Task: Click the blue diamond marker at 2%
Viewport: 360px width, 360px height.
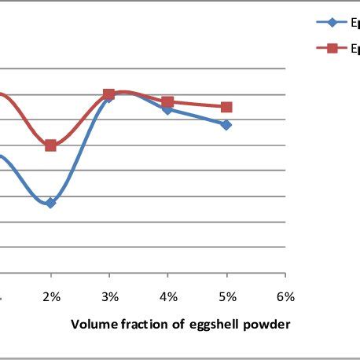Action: click(x=50, y=203)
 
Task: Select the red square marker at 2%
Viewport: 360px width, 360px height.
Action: click(x=50, y=145)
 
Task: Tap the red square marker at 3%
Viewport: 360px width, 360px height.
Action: click(x=109, y=94)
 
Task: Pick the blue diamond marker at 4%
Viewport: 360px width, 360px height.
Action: click(x=168, y=109)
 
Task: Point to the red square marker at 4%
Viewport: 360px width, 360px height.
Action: click(x=167, y=102)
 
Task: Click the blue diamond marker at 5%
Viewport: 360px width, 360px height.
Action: click(x=226, y=125)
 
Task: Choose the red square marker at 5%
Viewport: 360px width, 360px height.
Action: click(x=226, y=107)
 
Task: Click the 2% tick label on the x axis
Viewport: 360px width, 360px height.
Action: click(x=51, y=297)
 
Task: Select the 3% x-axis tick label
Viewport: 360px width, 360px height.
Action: click(x=109, y=297)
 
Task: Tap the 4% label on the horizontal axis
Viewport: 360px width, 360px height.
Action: click(x=168, y=297)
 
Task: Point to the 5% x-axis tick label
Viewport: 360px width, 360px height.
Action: click(x=226, y=297)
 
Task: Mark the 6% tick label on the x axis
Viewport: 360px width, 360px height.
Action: click(x=285, y=297)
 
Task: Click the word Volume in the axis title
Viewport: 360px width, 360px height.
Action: click(x=93, y=325)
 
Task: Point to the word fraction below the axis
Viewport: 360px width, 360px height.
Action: click(x=145, y=325)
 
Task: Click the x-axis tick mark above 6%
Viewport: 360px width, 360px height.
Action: click(x=285, y=276)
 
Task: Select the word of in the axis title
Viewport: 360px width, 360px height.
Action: click(x=176, y=325)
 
